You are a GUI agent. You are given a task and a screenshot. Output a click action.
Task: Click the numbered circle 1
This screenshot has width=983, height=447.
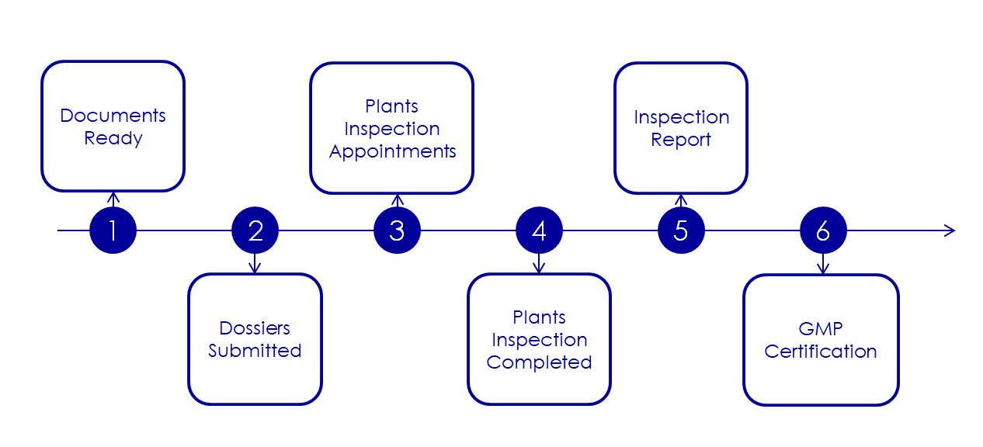(113, 230)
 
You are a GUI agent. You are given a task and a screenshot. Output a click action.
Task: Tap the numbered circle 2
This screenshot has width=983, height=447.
(255, 230)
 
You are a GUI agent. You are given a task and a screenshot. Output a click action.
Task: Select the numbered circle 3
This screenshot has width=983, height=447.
(397, 230)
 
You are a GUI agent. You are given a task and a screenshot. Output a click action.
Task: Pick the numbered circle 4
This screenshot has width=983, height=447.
(539, 230)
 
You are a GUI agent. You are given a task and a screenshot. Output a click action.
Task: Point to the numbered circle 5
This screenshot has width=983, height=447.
(681, 230)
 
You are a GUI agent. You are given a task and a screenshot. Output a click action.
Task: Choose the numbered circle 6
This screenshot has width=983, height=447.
(823, 230)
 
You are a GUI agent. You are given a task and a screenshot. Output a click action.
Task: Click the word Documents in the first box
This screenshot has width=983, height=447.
(113, 116)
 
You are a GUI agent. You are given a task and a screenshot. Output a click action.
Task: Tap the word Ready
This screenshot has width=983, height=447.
(113, 139)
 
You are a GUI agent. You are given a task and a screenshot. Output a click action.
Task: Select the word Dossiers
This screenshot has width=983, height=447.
(255, 328)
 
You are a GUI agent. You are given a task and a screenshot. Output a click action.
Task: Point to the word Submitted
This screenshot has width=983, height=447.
(255, 351)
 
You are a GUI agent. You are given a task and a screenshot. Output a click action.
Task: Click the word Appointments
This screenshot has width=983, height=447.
(392, 151)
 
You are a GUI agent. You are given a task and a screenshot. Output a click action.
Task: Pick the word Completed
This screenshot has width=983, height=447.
(539, 362)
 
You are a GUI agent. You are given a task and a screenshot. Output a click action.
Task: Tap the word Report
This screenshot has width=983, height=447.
(681, 140)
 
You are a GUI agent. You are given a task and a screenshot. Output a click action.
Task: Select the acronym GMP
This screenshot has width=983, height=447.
(821, 328)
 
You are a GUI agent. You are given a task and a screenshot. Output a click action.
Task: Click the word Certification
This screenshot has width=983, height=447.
(821, 352)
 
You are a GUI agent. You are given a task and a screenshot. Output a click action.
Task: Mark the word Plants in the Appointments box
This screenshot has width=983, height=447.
(392, 106)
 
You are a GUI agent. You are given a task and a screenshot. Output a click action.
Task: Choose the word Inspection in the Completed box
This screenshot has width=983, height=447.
(539, 340)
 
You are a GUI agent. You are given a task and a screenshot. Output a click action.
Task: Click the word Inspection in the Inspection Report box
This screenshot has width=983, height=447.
(681, 117)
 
